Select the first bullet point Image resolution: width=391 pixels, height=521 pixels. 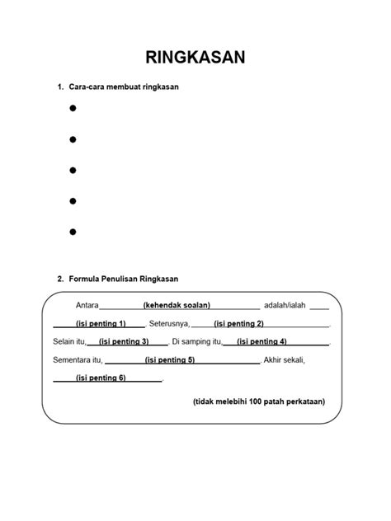73,108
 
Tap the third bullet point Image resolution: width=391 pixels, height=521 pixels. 73,170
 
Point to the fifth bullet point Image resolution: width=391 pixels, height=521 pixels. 73,232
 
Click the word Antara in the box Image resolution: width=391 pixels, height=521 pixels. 87,305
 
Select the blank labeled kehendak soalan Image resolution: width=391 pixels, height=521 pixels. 177,305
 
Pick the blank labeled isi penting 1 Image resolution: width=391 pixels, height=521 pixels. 100,323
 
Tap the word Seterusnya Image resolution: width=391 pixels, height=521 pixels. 170,323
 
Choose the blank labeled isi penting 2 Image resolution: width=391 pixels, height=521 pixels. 238,323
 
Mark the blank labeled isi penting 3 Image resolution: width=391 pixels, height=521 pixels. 123,341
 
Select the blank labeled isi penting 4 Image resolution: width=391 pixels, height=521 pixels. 261,341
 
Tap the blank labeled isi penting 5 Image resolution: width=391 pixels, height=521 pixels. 169,359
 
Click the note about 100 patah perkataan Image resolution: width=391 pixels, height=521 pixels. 258,401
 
